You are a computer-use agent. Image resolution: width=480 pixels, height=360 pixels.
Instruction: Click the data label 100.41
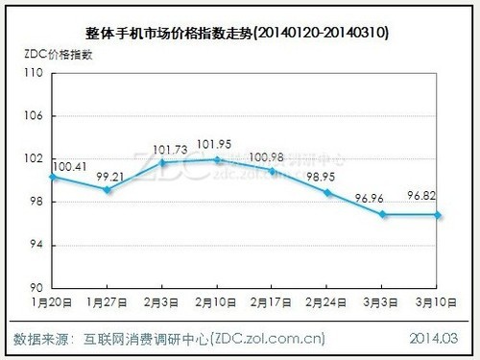click(x=68, y=167)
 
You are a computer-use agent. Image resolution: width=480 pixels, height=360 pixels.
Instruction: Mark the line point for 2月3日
click(x=162, y=162)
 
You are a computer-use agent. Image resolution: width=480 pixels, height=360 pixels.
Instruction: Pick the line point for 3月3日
click(x=382, y=214)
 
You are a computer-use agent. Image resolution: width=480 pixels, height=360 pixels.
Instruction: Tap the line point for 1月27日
click(x=108, y=189)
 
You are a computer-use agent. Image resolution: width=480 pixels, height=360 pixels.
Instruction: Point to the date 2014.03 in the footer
click(x=436, y=338)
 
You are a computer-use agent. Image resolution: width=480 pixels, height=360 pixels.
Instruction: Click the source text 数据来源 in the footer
click(x=43, y=338)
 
